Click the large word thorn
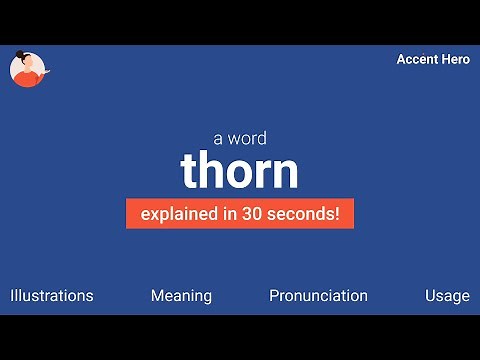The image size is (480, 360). [239, 171]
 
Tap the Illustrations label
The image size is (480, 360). [52, 296]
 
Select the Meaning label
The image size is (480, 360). [181, 296]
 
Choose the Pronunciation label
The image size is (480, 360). [318, 296]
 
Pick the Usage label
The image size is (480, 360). [446, 296]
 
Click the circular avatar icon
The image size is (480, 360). [27, 69]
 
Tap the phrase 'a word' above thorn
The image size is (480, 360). [239, 139]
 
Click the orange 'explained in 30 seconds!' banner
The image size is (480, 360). [239, 213]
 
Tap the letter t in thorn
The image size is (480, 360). [190, 172]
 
